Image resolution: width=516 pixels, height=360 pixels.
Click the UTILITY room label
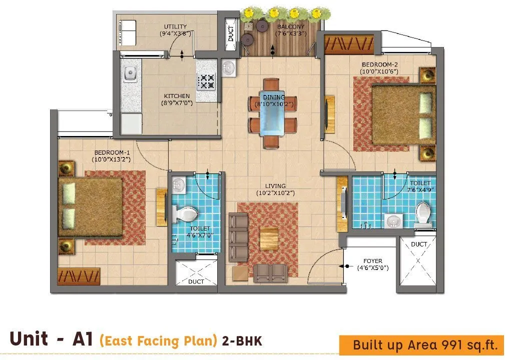pyautogui.click(x=175, y=27)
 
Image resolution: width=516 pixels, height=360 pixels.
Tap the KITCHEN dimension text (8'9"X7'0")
pyautogui.click(x=177, y=103)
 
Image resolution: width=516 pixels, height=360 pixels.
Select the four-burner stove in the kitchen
pyautogui.click(x=207, y=81)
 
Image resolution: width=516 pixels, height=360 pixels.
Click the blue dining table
pyautogui.click(x=273, y=113)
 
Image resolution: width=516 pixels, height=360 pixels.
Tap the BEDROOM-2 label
pyautogui.click(x=380, y=64)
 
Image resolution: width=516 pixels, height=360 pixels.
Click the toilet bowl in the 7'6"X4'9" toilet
pyautogui.click(x=423, y=213)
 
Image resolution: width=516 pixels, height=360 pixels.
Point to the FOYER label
pyautogui.click(x=373, y=261)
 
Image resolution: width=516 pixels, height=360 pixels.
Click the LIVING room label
pyautogui.click(x=268, y=186)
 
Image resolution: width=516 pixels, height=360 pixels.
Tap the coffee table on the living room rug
pyautogui.click(x=269, y=239)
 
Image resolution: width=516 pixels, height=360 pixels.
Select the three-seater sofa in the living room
pyautogui.click(x=238, y=236)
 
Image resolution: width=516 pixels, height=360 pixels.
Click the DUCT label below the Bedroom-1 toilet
pyautogui.click(x=196, y=281)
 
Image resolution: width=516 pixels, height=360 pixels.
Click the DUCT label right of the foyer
pyautogui.click(x=419, y=244)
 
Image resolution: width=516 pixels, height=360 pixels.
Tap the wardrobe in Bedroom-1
pyautogui.click(x=79, y=276)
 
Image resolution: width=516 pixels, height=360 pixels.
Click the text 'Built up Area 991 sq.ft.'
pyautogui.click(x=425, y=345)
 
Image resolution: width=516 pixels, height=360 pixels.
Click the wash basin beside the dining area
pyautogui.click(x=229, y=67)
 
